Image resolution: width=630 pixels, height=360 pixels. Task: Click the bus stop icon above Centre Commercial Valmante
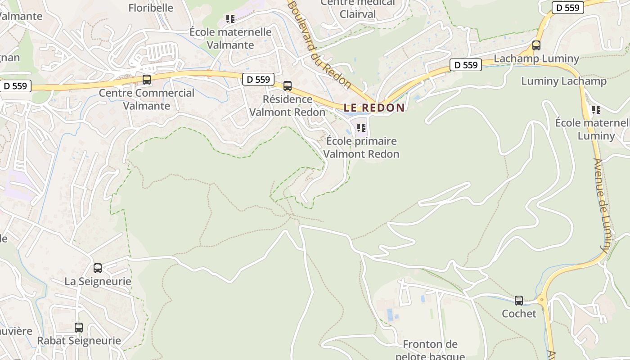tap(147, 80)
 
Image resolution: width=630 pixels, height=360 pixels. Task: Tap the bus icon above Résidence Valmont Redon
tap(288, 85)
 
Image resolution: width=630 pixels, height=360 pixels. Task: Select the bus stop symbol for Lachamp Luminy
tap(536, 45)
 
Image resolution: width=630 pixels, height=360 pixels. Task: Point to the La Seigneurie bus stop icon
tap(98, 268)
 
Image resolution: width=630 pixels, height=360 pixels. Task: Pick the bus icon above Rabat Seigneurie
tap(79, 327)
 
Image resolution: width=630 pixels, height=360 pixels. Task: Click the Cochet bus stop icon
tap(519, 300)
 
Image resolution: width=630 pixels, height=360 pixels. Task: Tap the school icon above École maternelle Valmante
tap(230, 19)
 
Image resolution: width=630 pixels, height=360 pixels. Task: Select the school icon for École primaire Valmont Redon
tap(361, 128)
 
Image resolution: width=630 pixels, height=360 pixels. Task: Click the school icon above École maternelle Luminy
tap(596, 109)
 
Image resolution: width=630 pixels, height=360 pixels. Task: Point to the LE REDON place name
tap(374, 108)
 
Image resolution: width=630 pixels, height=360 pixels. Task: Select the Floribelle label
tap(151, 8)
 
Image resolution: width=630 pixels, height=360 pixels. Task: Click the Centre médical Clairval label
tap(358, 9)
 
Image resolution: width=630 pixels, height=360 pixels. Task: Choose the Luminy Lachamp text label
tap(564, 81)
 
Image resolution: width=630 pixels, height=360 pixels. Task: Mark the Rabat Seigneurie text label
tap(79, 341)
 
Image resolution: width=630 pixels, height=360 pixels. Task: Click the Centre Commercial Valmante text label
tap(147, 99)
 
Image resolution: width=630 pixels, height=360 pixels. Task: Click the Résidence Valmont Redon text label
tap(287, 106)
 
